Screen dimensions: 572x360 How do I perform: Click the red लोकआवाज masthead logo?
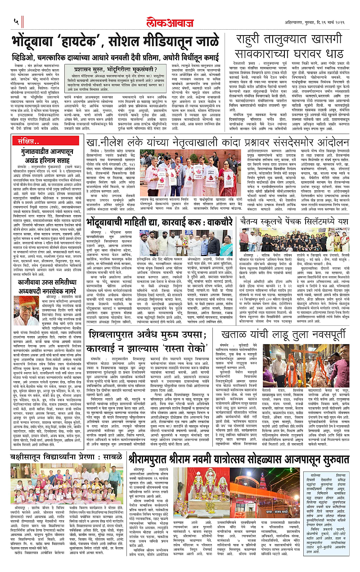(x=180, y=20)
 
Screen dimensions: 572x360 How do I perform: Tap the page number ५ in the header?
(x=16, y=21)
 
